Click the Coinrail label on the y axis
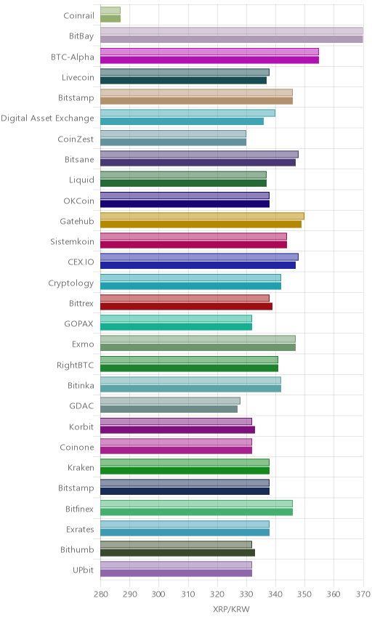point(79,15)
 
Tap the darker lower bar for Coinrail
point(110,19)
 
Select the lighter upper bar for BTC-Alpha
point(209,52)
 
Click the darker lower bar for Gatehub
point(201,224)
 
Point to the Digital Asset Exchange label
point(48,118)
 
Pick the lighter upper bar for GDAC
point(170,400)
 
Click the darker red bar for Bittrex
point(187,306)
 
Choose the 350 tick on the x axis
point(304,594)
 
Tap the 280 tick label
point(100,594)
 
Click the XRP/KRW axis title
point(231,610)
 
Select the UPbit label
point(84,570)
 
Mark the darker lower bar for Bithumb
point(178,552)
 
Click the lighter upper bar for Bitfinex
point(196,504)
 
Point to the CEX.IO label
point(81,262)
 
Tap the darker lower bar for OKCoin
point(185,204)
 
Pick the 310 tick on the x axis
point(188,594)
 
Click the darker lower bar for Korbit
point(178,429)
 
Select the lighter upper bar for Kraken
point(185,463)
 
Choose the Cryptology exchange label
point(71,283)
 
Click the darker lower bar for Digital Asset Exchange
point(182,121)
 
